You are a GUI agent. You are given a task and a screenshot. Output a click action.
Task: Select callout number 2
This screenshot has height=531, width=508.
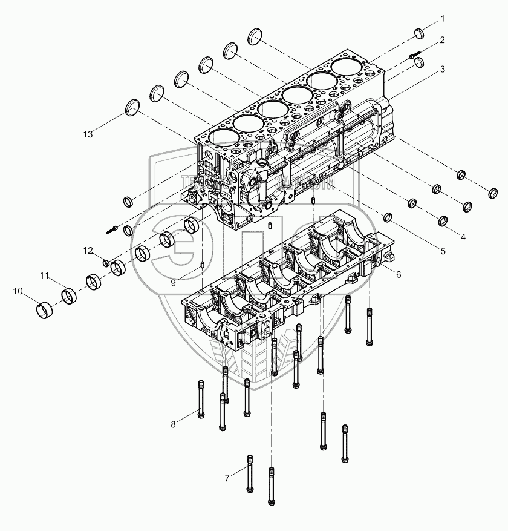[x=443, y=40]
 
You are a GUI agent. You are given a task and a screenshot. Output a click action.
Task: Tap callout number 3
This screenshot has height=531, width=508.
[x=443, y=69]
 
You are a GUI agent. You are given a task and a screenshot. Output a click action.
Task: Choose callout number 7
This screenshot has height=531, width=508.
[x=227, y=478]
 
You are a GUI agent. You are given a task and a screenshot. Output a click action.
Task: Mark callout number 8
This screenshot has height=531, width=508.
[x=173, y=424]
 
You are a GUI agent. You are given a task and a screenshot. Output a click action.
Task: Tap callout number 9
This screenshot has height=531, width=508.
[x=173, y=282]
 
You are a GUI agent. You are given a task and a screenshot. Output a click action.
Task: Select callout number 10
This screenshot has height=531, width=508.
[x=19, y=292]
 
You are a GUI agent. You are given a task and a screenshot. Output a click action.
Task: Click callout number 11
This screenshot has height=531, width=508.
[x=45, y=276]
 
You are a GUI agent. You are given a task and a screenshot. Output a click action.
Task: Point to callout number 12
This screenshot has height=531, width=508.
[x=88, y=250]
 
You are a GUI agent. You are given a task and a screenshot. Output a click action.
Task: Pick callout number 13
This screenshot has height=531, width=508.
[x=88, y=134]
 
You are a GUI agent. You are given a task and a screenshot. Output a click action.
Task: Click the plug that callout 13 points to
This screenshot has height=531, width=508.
[x=132, y=109]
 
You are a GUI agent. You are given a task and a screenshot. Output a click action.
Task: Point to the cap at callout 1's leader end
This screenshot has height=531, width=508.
[x=420, y=33]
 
